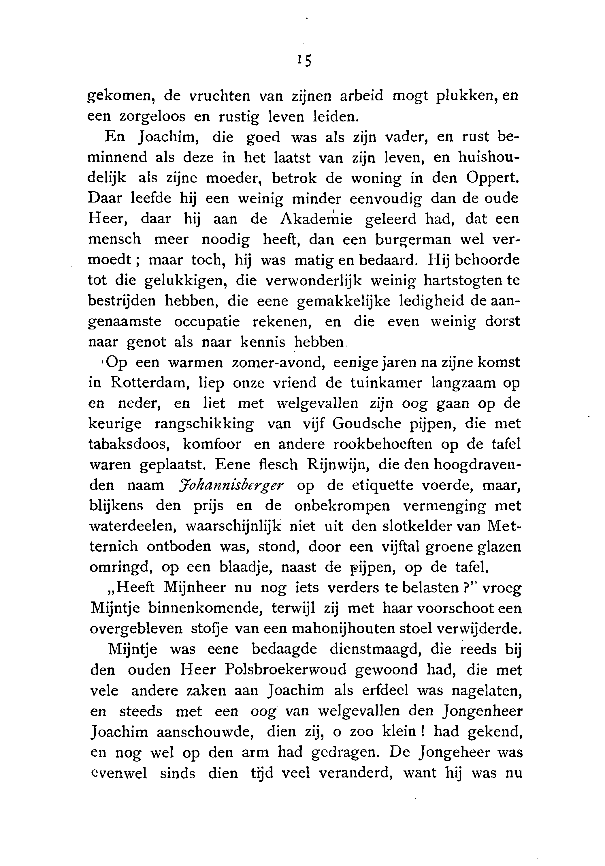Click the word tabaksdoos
(129, 444)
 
